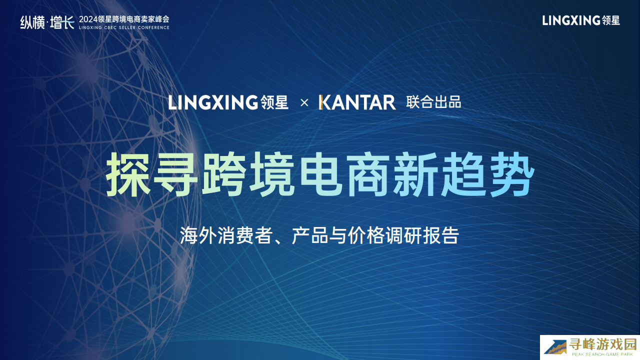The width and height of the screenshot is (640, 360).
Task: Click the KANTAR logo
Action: click(x=357, y=102)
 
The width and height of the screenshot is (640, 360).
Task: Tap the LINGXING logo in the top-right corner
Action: click(x=581, y=20)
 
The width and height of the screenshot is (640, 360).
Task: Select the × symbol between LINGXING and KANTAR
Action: click(x=304, y=103)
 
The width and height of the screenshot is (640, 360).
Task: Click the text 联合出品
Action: click(x=433, y=102)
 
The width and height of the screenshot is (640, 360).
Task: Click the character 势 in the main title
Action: click(x=512, y=174)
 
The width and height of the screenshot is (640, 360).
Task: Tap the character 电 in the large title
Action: click(x=321, y=174)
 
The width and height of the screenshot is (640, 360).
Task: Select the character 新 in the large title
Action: click(x=416, y=174)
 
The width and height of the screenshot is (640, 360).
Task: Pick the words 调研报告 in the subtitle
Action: click(x=422, y=235)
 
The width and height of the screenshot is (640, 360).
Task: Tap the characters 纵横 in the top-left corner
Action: click(x=32, y=22)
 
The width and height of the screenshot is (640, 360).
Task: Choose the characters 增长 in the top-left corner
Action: click(x=62, y=22)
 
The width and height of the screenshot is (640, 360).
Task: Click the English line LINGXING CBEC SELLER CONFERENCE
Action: click(x=124, y=27)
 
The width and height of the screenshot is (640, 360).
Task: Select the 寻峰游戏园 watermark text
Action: click(x=603, y=344)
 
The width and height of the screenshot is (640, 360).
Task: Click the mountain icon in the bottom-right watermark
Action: click(x=555, y=347)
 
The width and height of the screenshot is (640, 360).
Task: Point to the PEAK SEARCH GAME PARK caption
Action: click(x=602, y=354)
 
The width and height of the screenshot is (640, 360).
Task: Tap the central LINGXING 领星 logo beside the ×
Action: click(x=228, y=102)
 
